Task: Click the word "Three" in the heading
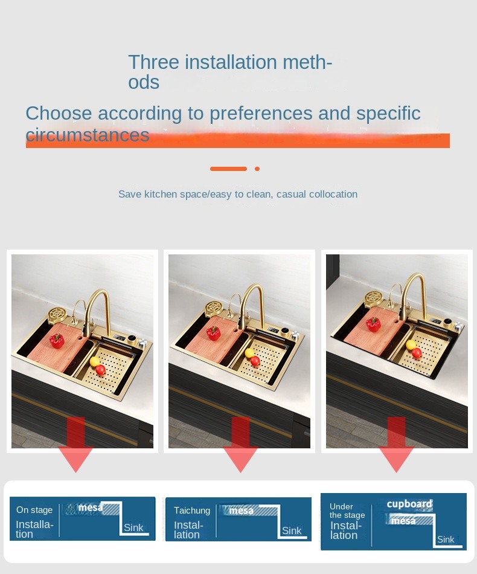pos(153,62)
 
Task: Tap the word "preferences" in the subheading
pos(261,113)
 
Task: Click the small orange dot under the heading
pos(257,169)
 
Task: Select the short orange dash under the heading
pos(228,169)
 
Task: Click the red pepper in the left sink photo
pos(57,340)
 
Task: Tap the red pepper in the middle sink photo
pos(213,332)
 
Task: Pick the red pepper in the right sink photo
pos(374,324)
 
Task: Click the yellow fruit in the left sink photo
pos(94,361)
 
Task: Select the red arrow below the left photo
pos(75,445)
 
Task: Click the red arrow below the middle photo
pos(240,445)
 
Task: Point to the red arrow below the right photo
pos(396,445)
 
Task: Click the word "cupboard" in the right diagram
pos(409,504)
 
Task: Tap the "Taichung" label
pos(191,511)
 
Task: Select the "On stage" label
pos(34,509)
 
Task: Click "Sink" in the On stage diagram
pos(133,527)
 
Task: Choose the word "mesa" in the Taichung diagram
pos(241,511)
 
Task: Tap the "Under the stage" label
pos(347,511)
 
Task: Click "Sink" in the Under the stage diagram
pos(446,539)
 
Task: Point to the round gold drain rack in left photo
pos(57,314)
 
